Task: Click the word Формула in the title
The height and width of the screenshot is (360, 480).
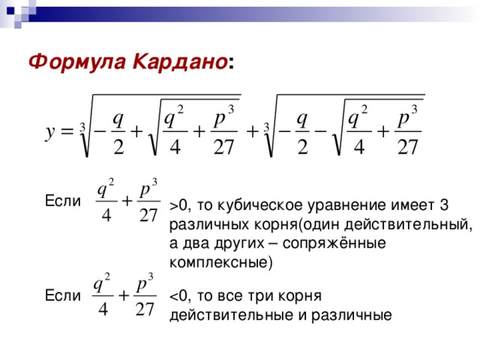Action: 77,62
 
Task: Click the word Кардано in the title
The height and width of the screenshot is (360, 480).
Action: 180,61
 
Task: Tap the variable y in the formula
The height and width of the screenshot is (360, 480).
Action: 50,133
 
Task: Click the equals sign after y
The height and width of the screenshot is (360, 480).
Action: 67,132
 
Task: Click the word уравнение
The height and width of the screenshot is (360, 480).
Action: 346,205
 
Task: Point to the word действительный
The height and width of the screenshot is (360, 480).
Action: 408,225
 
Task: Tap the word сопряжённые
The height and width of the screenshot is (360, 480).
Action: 334,244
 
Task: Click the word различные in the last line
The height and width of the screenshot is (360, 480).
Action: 352,316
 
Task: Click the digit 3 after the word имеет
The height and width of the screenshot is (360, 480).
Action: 444,205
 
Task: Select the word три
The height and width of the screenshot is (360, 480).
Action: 260,296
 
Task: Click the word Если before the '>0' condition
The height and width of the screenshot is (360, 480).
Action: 63,201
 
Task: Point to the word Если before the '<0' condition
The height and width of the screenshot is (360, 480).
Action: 63,295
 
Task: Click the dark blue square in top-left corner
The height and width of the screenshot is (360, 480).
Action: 10,11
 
